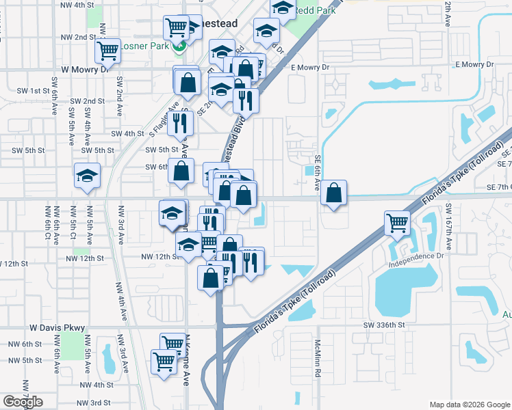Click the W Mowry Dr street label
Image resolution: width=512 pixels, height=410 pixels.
pyautogui.click(x=86, y=69)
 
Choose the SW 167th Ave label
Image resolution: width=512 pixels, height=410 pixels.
pyautogui.click(x=448, y=217)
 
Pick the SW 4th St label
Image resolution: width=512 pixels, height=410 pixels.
pyautogui.click(x=128, y=134)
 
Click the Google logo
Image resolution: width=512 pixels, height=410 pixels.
pyautogui.click(x=23, y=402)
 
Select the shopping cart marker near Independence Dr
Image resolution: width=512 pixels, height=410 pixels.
pyautogui.click(x=397, y=221)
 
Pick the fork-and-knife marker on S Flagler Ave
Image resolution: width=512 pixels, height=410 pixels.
pyautogui.click(x=179, y=123)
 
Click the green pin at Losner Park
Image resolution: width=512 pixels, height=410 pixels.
pyautogui.click(x=180, y=47)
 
